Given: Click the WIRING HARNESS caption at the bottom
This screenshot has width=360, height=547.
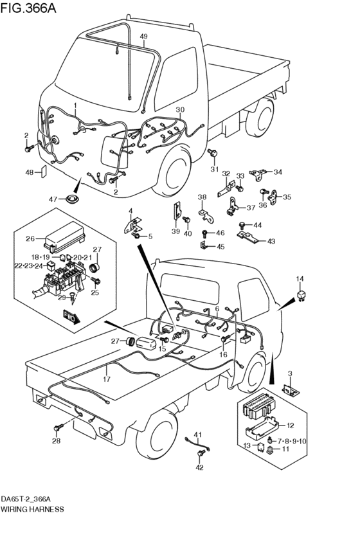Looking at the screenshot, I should pyautogui.click(x=32, y=508).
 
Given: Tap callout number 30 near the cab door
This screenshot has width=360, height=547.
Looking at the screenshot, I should pyautogui.click(x=180, y=109).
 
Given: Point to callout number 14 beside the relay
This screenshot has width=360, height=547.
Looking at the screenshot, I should pyautogui.click(x=299, y=278).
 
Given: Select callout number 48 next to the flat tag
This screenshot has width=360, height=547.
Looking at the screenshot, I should pyautogui.click(x=30, y=172).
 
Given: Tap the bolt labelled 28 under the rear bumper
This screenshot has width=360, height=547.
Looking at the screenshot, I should pyautogui.click(x=59, y=427).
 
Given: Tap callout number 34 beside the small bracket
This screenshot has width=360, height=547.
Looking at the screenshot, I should pyautogui.click(x=278, y=172).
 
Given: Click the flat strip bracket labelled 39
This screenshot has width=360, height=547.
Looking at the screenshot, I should pyautogui.click(x=175, y=211).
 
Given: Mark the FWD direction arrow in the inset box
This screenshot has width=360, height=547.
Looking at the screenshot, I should pyautogui.click(x=70, y=316).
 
